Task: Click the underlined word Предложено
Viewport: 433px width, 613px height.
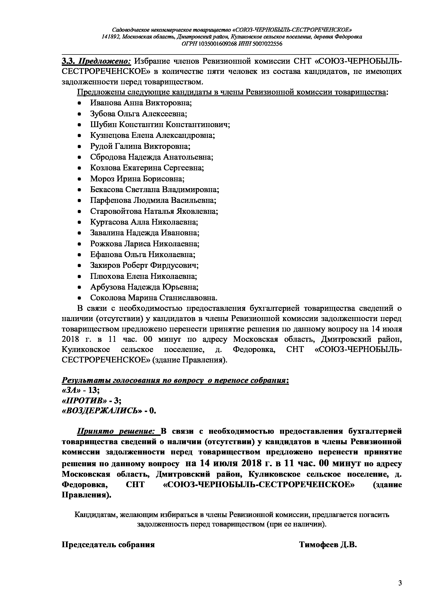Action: tap(104, 61)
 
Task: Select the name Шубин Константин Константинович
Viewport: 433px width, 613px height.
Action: tap(160, 124)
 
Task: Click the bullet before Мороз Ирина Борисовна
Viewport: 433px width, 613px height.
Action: tap(79, 179)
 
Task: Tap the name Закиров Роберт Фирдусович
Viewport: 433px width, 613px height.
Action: tap(144, 265)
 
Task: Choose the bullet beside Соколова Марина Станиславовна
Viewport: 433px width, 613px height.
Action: tap(79, 298)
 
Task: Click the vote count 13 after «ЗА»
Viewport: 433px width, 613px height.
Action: tap(93, 390)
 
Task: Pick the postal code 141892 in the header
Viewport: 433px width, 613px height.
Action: tap(110, 37)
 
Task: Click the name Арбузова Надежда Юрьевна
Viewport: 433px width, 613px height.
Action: tap(144, 287)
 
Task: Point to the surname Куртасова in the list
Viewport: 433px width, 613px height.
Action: tap(109, 222)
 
